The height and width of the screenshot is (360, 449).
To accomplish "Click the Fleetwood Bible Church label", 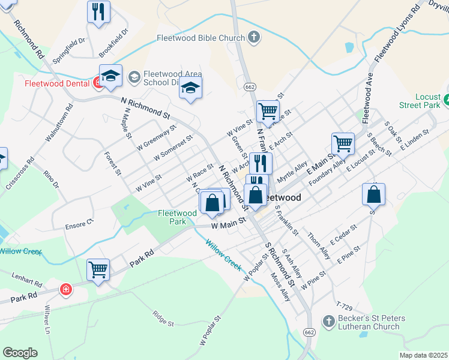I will (x=200, y=38).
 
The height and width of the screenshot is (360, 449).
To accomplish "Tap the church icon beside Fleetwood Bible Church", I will (x=254, y=38).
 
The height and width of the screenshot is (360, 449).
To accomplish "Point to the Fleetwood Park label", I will (x=177, y=217).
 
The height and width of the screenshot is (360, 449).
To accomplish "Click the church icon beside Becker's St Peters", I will (x=328, y=322).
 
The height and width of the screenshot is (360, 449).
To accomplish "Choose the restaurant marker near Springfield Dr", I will (x=99, y=11).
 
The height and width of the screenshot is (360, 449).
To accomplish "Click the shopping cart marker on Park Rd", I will (x=98, y=269).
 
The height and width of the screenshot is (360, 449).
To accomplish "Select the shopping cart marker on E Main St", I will (x=343, y=143).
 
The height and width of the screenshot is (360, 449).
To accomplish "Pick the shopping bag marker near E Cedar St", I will (x=373, y=193).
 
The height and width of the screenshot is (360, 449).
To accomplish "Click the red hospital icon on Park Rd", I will (x=65, y=290).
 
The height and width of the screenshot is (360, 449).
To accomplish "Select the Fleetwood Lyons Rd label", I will (x=396, y=34).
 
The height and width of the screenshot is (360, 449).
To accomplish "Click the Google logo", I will (x=20, y=353).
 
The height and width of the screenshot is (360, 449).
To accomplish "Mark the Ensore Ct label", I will (x=82, y=222).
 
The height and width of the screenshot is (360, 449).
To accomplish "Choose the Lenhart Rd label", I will (x=27, y=279).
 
